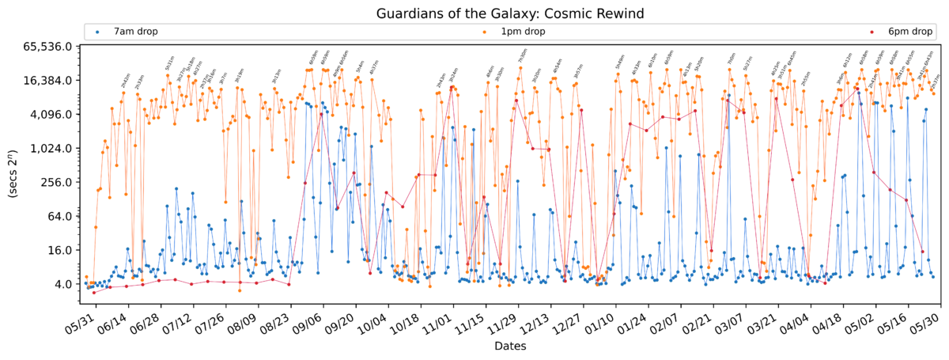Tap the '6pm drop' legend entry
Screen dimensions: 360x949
909,32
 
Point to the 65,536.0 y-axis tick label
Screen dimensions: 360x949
48,47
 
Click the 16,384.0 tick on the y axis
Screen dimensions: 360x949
48,81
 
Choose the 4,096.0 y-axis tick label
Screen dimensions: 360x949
51,115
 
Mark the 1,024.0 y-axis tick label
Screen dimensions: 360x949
51,149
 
